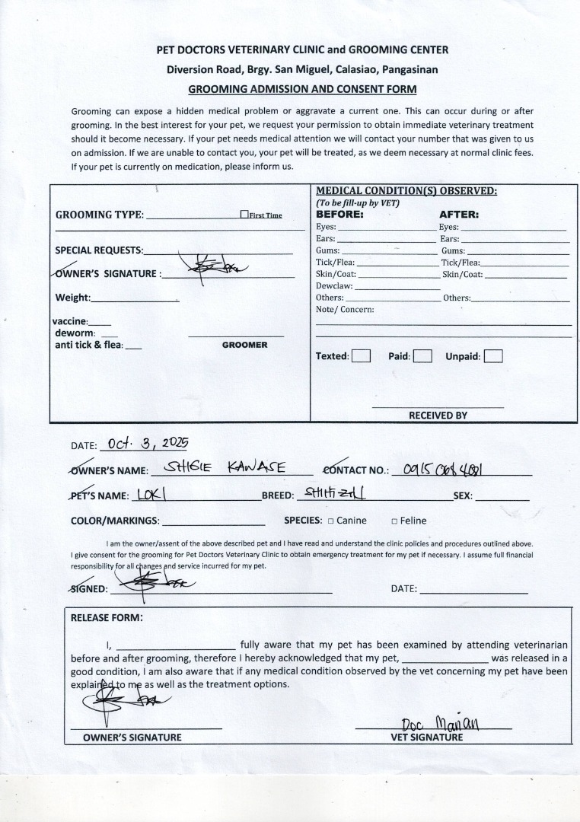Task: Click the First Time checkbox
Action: click(244, 215)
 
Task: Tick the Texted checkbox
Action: click(362, 355)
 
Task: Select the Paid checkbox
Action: click(423, 355)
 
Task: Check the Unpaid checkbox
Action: click(493, 355)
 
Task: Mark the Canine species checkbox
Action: click(331, 521)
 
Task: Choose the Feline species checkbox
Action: click(394, 521)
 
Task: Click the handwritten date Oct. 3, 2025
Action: click(148, 443)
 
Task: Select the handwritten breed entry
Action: click(334, 493)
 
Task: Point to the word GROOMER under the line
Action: click(244, 345)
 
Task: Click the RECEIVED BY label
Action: click(438, 416)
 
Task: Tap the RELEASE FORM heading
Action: click(107, 618)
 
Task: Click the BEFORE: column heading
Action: click(339, 215)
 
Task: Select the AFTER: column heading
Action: click(458, 215)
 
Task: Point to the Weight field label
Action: click(73, 298)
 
